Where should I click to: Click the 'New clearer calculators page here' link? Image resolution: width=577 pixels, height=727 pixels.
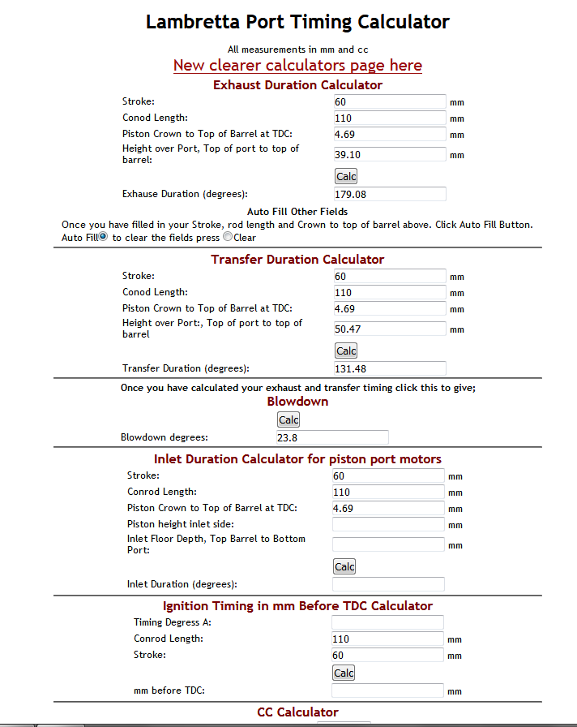(x=297, y=66)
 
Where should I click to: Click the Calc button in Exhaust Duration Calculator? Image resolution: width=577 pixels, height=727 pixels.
(x=346, y=176)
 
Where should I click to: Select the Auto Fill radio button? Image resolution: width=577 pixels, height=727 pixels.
(x=103, y=237)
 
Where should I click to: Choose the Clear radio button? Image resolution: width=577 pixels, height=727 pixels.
(x=227, y=237)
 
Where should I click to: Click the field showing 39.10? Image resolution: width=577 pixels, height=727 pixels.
(x=390, y=154)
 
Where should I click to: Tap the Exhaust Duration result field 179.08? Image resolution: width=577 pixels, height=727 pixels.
(x=390, y=194)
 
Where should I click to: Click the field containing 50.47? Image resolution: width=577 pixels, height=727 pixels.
(x=390, y=329)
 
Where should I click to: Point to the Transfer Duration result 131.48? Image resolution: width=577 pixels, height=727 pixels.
(x=390, y=368)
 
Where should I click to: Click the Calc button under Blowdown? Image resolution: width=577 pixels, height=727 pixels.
(x=288, y=419)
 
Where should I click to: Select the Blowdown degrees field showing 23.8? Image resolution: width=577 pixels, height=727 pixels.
(x=332, y=437)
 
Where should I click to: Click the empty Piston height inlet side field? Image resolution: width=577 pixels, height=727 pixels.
(x=388, y=524)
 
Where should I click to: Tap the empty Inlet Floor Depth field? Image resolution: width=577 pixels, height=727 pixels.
(x=388, y=544)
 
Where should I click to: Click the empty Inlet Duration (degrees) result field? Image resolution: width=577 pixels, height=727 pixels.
(x=388, y=584)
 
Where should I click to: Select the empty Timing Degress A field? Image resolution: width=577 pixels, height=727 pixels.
(x=387, y=622)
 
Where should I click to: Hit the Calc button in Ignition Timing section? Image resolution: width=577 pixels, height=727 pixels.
(x=344, y=673)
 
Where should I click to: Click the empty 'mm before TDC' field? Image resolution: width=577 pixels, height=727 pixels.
(x=387, y=690)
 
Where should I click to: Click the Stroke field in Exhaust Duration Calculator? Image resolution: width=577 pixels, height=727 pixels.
(x=390, y=101)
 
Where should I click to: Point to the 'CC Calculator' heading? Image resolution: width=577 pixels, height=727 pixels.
(x=297, y=712)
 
